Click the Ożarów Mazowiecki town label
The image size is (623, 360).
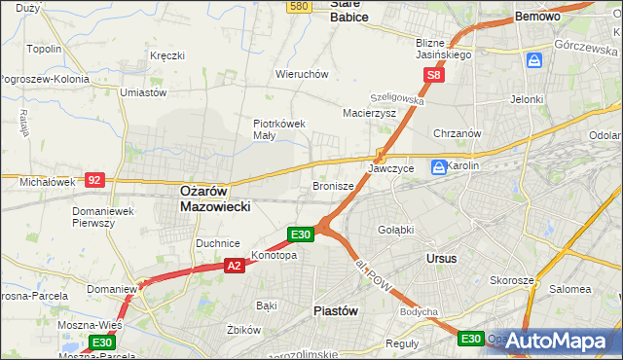coord(216,199)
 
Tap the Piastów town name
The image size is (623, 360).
coord(336,310)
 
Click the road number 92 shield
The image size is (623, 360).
coord(94,179)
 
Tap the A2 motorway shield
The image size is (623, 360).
coord(234,265)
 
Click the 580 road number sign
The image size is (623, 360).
coord(300,6)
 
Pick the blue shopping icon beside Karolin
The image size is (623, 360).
coord(439,166)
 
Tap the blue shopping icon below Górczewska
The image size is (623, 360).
coord(534,61)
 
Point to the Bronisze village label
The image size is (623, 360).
coord(333,185)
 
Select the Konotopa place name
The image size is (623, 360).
coord(274,256)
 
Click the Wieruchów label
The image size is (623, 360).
coord(302,74)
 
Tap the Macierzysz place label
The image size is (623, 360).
coord(369,113)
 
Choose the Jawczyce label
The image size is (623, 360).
coord(391,168)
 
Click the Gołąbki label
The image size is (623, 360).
coord(396,230)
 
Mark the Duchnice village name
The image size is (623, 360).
coord(218,242)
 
